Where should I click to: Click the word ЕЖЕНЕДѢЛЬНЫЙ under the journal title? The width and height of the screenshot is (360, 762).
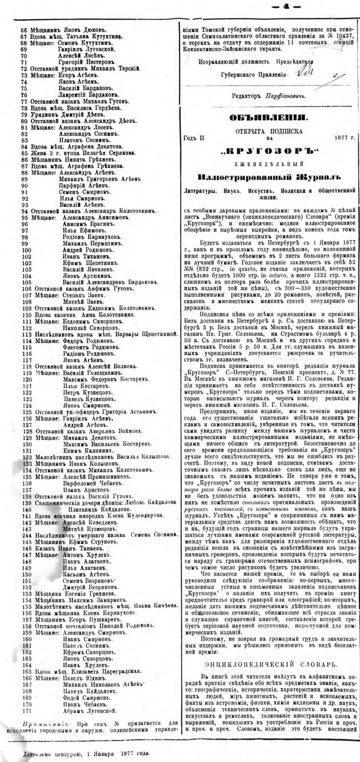pos(269,163)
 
